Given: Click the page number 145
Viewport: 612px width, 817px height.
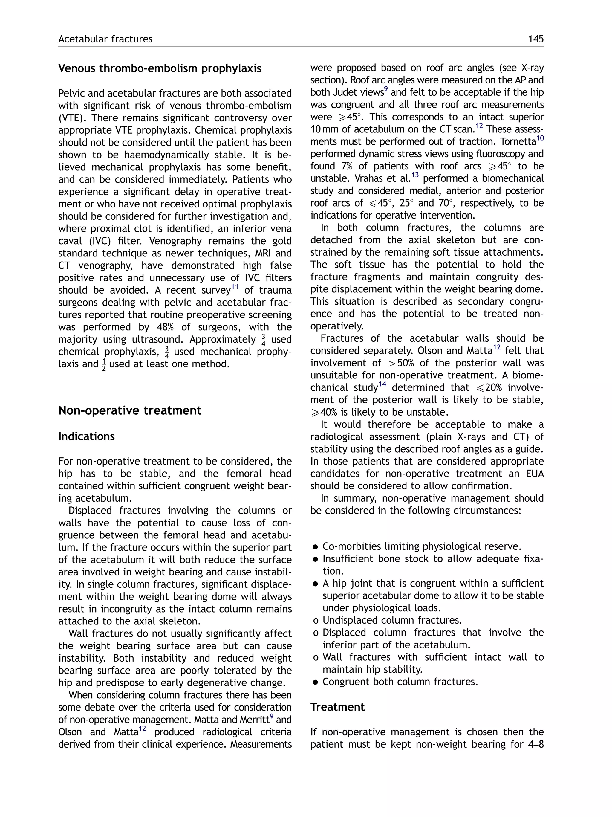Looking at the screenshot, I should (535, 39).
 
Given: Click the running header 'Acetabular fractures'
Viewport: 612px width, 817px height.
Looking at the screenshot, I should (105, 39).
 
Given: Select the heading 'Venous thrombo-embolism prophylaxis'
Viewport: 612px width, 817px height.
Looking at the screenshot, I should (160, 68).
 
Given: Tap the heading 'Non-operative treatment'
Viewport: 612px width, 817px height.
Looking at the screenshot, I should (130, 410).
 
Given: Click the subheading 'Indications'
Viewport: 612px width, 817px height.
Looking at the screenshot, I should (86, 436).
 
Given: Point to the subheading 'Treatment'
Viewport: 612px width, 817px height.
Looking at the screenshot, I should (337, 707).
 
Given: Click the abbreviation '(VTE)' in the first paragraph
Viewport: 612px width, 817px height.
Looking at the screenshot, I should (72, 118).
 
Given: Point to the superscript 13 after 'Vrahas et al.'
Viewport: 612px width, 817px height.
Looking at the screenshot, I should (415, 175).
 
